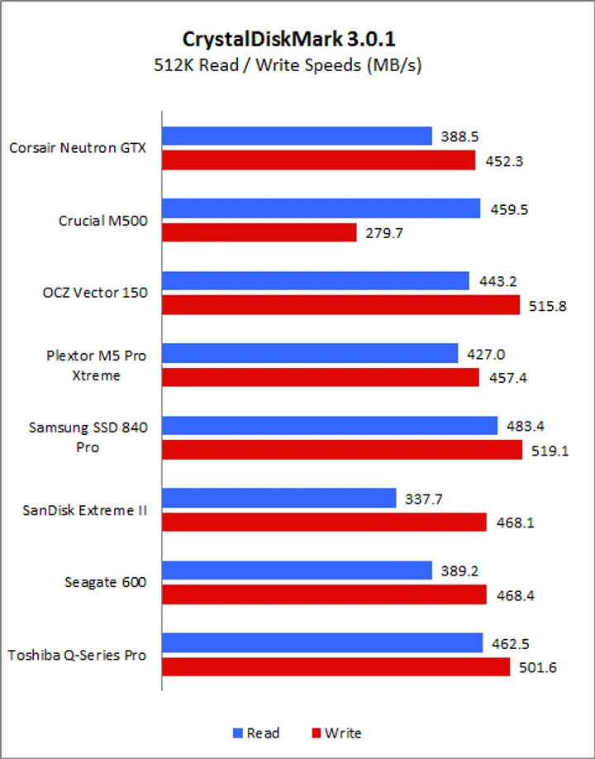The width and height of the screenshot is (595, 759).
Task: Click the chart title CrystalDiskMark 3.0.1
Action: click(x=297, y=39)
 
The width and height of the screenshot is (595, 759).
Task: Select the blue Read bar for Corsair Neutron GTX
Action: click(x=297, y=136)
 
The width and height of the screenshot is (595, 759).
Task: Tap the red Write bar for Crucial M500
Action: click(x=259, y=233)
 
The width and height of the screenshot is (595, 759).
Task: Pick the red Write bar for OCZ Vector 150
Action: click(x=341, y=306)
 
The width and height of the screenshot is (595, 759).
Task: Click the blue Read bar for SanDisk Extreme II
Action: click(x=279, y=498)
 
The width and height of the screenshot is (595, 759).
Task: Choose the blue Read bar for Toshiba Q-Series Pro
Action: click(x=322, y=642)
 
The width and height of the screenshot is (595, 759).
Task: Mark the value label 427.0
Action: click(x=483, y=354)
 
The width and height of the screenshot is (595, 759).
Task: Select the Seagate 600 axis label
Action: click(x=105, y=583)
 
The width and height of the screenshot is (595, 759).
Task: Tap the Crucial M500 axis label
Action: click(x=102, y=221)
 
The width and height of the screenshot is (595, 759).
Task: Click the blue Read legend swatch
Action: click(x=236, y=733)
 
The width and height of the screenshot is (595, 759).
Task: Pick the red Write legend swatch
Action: click(x=316, y=733)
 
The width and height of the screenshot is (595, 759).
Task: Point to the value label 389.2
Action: click(x=458, y=570)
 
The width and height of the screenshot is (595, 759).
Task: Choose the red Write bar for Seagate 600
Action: click(x=324, y=594)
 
